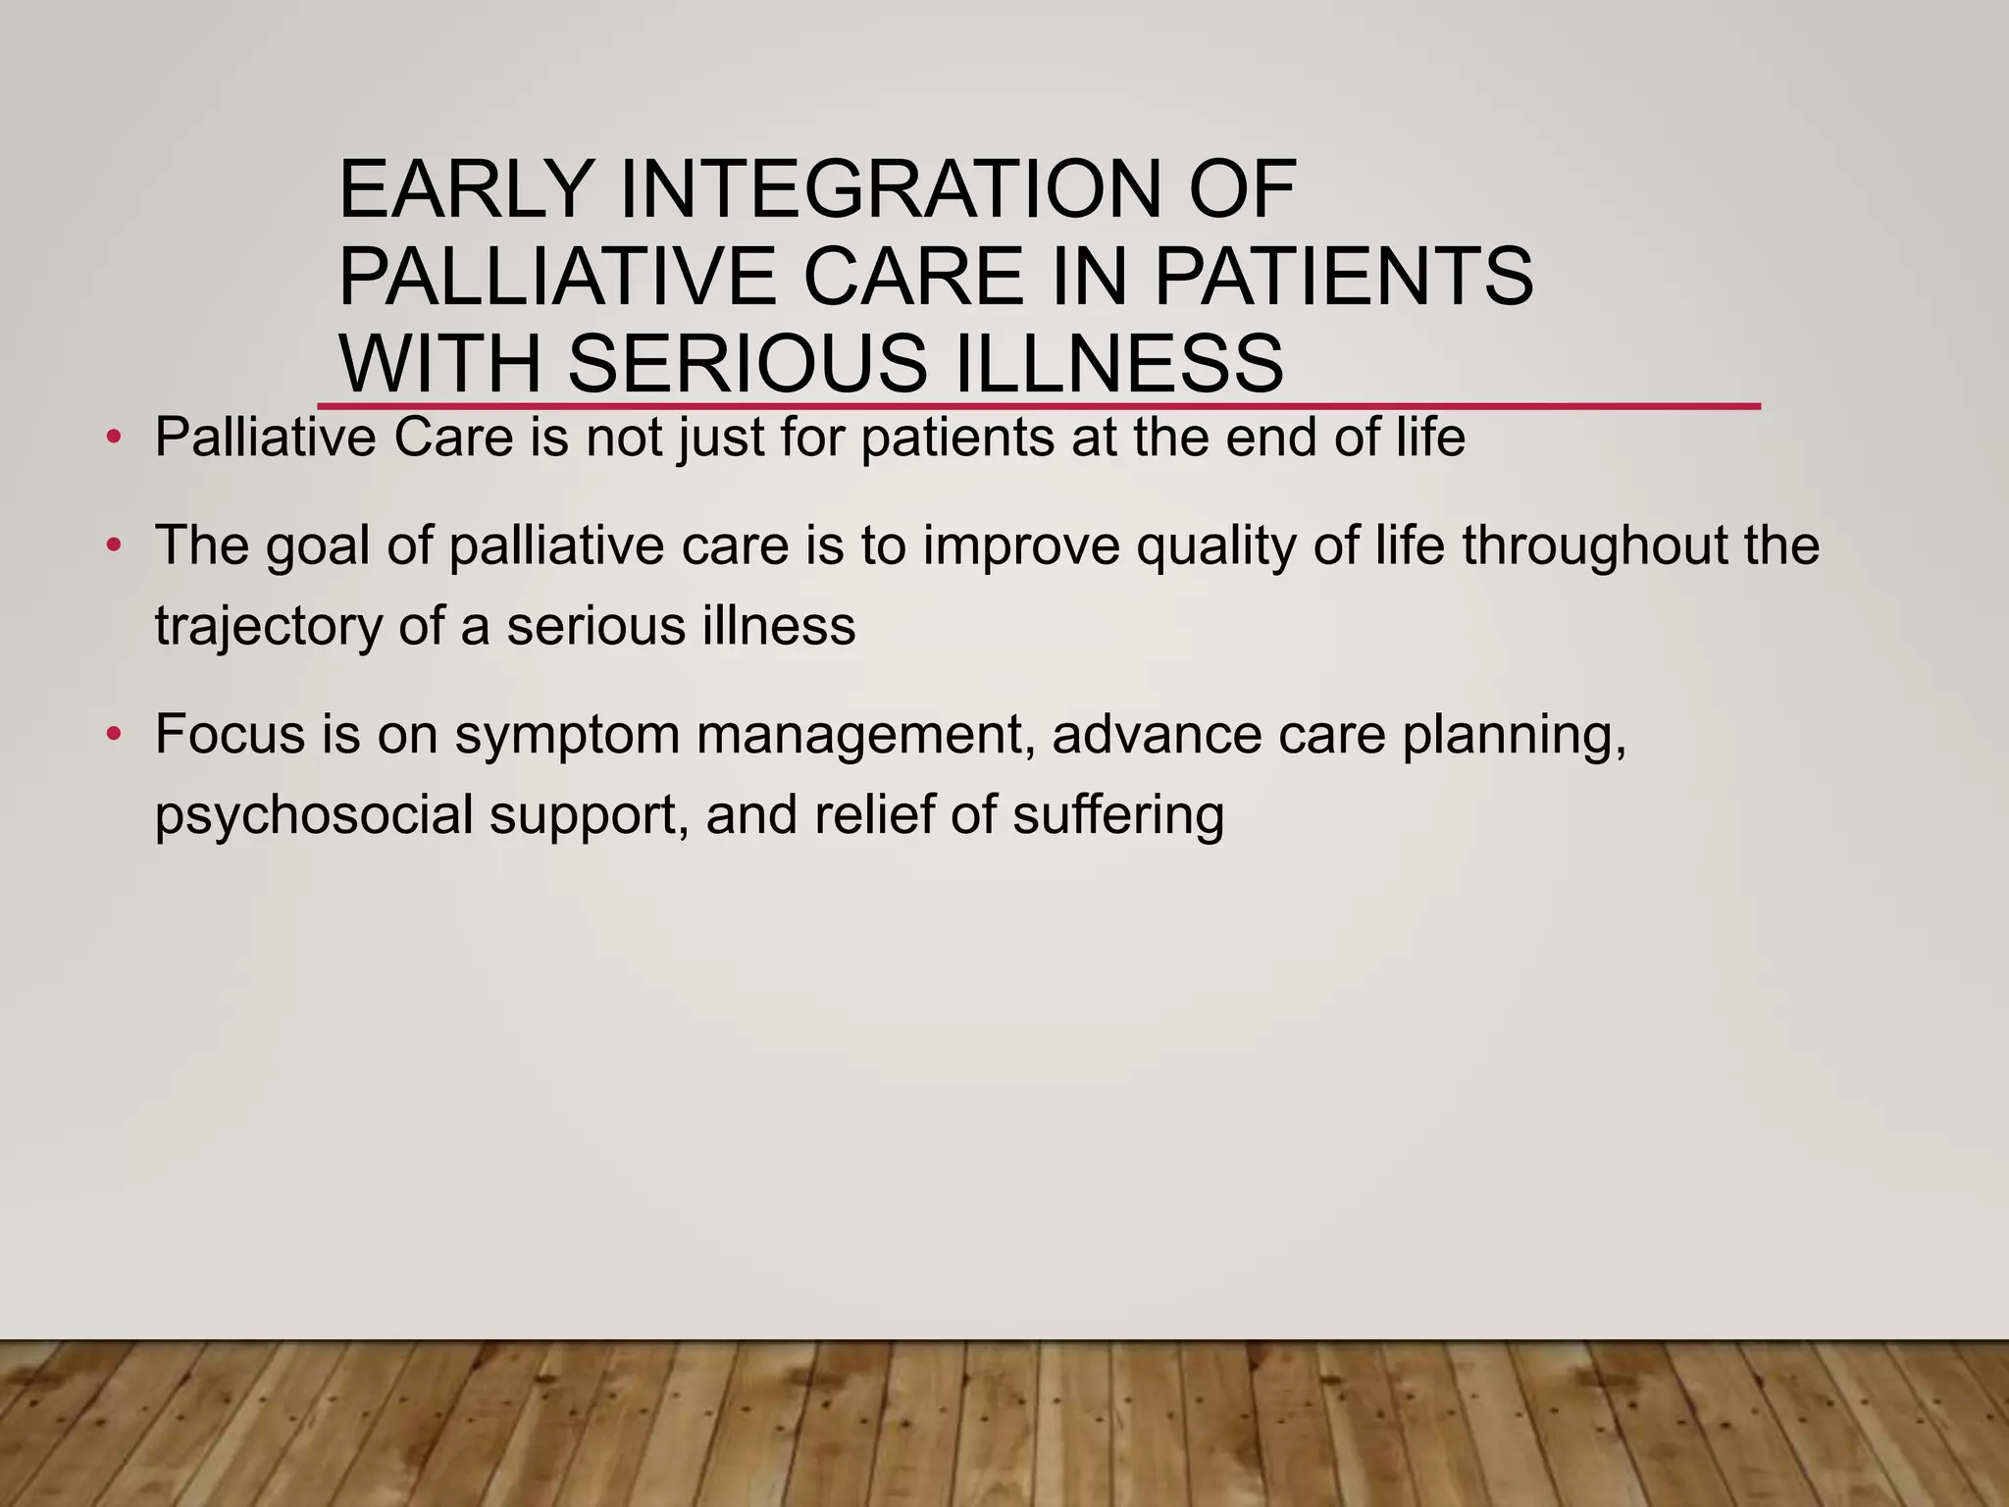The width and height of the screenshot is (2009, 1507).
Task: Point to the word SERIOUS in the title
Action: point(746,363)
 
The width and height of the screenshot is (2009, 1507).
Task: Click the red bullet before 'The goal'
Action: point(114,545)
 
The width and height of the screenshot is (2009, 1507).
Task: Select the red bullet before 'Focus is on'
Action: point(114,734)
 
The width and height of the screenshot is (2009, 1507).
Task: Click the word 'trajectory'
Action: point(268,628)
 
